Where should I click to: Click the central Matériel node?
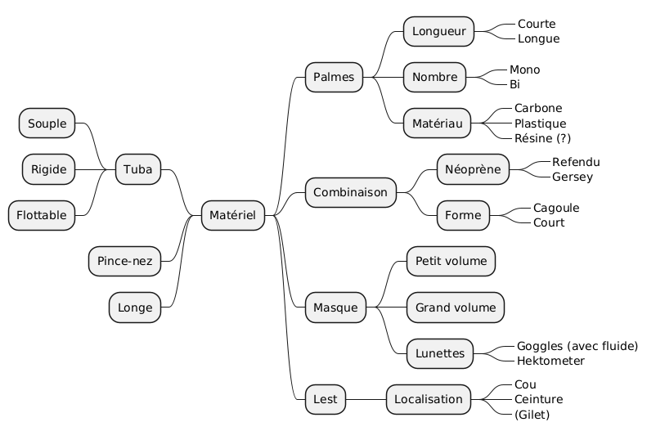(x=232, y=215)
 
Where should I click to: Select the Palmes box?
(x=334, y=78)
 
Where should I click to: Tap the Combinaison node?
(x=350, y=193)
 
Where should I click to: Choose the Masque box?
(x=335, y=308)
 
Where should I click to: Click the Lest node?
(x=325, y=399)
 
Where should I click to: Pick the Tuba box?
(x=137, y=169)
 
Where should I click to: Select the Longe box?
(x=135, y=308)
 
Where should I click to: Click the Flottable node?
(x=42, y=215)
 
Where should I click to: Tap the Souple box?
(x=47, y=123)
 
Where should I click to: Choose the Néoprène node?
(x=473, y=169)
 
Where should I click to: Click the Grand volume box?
(x=455, y=308)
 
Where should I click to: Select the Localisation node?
(x=429, y=399)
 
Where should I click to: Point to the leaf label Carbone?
(x=537, y=108)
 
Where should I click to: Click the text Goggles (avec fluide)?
(x=577, y=346)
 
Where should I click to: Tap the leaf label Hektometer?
(x=550, y=361)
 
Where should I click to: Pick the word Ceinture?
(x=538, y=399)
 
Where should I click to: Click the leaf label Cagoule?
(x=555, y=208)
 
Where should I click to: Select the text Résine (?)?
(x=542, y=138)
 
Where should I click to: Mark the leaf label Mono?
(x=524, y=70)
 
